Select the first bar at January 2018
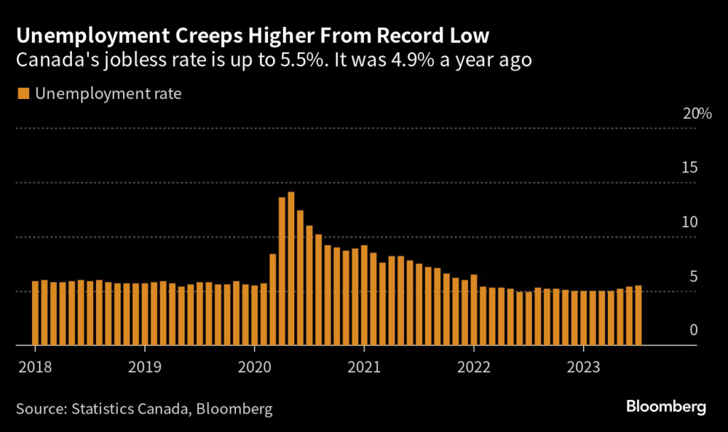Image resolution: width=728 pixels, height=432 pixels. (x=36, y=313)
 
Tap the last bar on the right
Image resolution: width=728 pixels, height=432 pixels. (x=638, y=315)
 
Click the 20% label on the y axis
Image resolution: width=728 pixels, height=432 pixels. (x=697, y=115)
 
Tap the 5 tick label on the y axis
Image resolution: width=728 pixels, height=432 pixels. (x=694, y=277)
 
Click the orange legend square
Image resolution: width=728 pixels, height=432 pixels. (x=23, y=93)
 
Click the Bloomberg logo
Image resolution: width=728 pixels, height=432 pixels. (x=666, y=407)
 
